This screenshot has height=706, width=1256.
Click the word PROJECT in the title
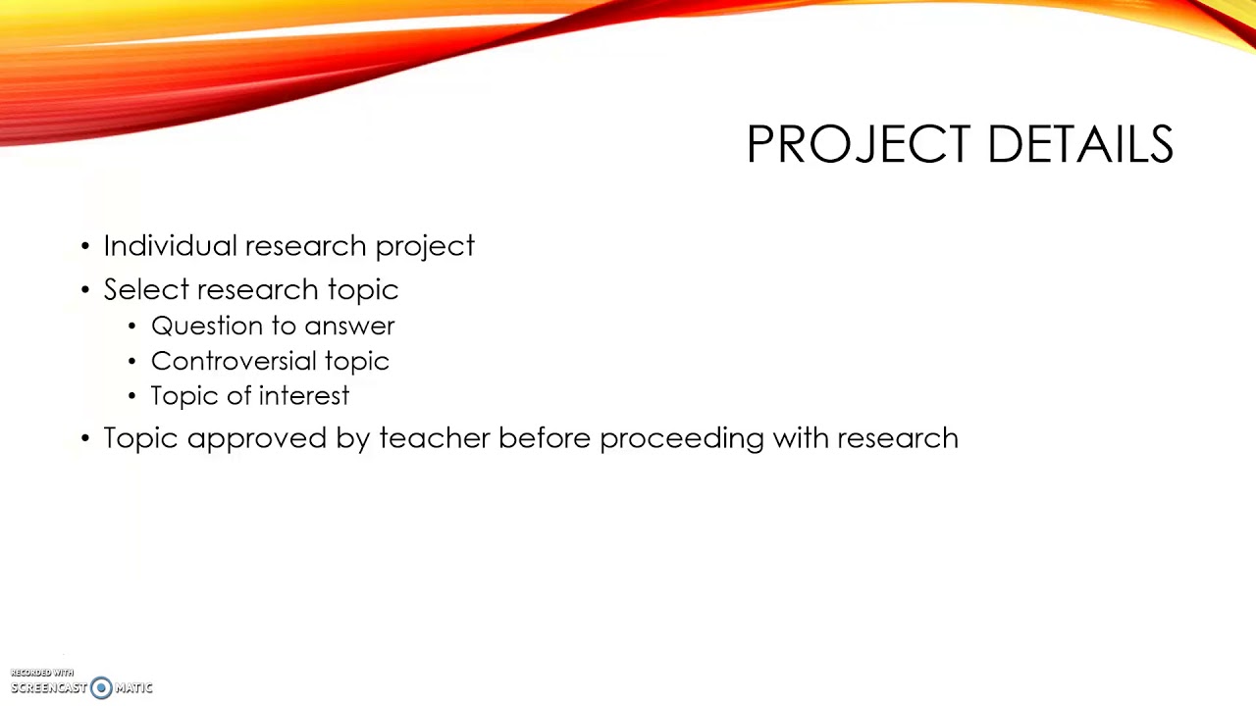860,145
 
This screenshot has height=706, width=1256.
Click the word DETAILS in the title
1079,145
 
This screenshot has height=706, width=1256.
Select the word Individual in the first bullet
170,245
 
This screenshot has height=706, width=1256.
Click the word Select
146,289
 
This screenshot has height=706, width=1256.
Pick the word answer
349,327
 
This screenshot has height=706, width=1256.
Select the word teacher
434,437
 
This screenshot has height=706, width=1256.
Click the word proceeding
681,439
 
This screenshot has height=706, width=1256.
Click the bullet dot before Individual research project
85,246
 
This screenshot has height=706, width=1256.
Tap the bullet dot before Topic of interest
132,396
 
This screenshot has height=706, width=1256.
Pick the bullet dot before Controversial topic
132,362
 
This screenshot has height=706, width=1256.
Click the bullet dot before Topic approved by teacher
85,438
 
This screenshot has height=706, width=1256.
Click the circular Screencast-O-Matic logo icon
101,688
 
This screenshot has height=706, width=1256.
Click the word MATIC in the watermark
133,688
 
